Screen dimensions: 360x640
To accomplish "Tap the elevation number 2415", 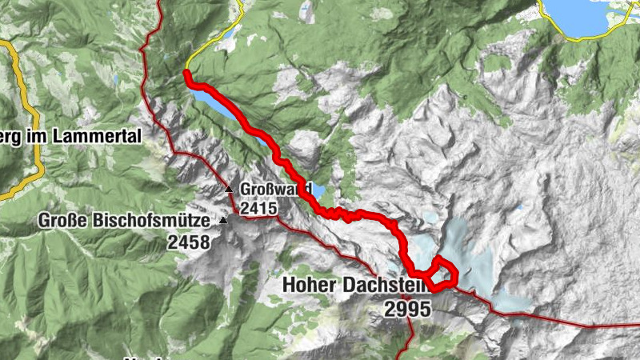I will tap(257, 209).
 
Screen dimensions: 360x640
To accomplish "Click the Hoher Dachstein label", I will tap(355, 286).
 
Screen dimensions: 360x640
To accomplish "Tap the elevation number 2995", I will tap(407, 308).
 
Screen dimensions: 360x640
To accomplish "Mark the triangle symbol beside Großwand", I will tap(230, 190).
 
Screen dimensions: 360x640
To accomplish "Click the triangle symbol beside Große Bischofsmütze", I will tap(223, 220).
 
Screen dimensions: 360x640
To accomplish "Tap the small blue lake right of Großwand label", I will tap(319, 192).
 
